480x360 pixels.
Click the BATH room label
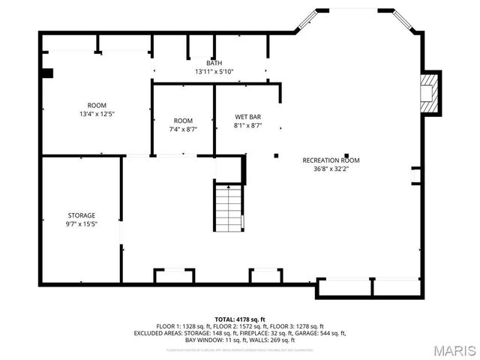[x=214, y=63]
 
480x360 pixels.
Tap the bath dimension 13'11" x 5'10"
[x=214, y=72]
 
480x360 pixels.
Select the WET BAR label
[x=247, y=117]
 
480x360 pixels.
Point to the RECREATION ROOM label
[x=331, y=160]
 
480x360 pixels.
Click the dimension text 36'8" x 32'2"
[x=331, y=169]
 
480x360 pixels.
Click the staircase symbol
[x=229, y=208]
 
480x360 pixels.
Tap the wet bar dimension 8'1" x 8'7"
[x=247, y=126]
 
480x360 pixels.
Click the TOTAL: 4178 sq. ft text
[x=240, y=319]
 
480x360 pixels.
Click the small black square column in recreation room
[x=276, y=155]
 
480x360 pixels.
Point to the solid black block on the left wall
[x=47, y=73]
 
